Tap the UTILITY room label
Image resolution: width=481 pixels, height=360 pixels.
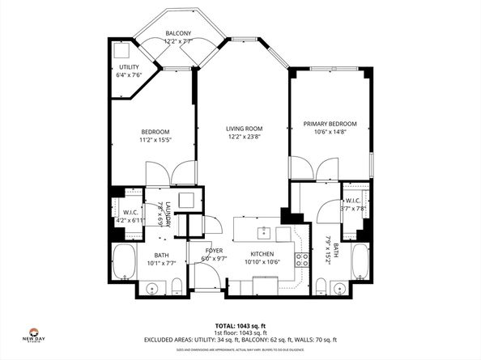pyautogui.click(x=128, y=67)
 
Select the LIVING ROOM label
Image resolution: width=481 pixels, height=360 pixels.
pyautogui.click(x=244, y=128)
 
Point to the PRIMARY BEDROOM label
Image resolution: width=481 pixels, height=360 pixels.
pyautogui.click(x=330, y=124)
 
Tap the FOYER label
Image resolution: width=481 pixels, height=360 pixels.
pyautogui.click(x=214, y=251)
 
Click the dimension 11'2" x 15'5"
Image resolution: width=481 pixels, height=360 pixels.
pyautogui.click(x=155, y=141)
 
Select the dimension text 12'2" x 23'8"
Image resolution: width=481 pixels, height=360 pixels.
pyautogui.click(x=244, y=137)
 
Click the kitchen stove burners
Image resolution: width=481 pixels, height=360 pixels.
pyautogui.click(x=301, y=259)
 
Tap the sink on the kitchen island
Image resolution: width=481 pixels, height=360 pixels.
pyautogui.click(x=262, y=235)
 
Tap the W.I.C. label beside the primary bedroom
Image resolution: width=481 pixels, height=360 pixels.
pyautogui.click(x=352, y=200)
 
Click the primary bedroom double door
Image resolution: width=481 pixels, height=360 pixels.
pyautogui.click(x=314, y=170)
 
